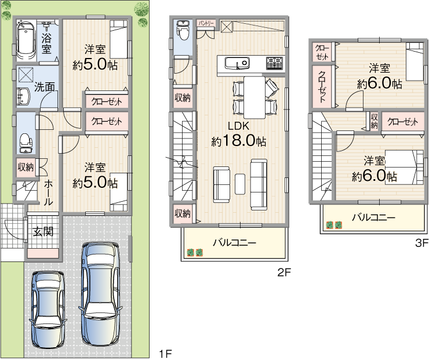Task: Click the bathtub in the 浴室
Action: (26, 41)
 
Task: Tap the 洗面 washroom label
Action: (44, 87)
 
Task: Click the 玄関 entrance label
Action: (43, 232)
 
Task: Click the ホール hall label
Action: (49, 192)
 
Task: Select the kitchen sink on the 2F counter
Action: (237, 63)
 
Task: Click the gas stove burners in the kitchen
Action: (274, 63)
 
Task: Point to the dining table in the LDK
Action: (255, 97)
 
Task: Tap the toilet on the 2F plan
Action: (183, 29)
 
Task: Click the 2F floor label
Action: (284, 272)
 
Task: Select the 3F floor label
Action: (422, 243)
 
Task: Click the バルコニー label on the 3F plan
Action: (374, 218)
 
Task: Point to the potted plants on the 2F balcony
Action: (195, 253)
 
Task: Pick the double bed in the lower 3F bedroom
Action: (405, 167)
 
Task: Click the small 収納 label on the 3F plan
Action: (375, 121)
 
